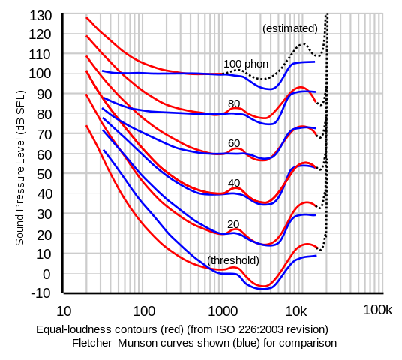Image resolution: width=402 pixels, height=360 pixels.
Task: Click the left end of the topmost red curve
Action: (87, 18)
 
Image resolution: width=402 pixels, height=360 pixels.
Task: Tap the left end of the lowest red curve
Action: (87, 126)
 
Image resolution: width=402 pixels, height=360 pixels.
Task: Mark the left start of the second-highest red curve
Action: (87, 35)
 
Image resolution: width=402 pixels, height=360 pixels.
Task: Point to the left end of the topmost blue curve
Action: (103, 72)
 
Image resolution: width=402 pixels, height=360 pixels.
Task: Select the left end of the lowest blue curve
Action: (103, 150)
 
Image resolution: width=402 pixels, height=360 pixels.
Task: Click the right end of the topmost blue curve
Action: (316, 61)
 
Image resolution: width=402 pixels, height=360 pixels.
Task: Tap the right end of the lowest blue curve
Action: (316, 256)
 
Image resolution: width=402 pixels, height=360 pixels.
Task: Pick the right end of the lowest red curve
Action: (319, 247)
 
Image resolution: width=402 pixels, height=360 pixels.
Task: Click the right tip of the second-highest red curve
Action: (316, 101)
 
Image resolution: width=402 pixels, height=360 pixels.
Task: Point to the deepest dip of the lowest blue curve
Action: (262, 287)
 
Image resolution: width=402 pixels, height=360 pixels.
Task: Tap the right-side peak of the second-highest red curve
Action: (303, 88)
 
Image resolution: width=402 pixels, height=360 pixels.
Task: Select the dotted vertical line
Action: (326, 150)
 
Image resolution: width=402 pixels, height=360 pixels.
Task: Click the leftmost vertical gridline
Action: (87, 150)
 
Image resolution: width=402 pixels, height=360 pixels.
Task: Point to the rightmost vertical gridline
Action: (383, 150)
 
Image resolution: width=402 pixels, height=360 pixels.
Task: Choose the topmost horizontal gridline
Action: (225, 13)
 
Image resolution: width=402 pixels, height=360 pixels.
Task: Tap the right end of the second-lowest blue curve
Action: (316, 215)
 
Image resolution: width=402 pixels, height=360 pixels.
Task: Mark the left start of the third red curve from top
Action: (87, 55)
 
